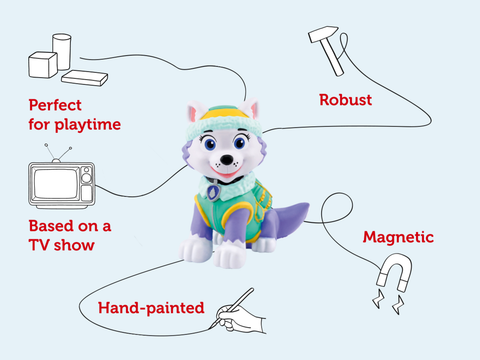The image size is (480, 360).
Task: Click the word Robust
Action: [346, 100]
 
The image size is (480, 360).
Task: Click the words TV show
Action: [62, 243]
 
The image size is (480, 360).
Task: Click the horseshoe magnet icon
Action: [386, 275]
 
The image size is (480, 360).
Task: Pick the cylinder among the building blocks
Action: [62, 50]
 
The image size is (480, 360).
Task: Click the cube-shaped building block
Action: [41, 64]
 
